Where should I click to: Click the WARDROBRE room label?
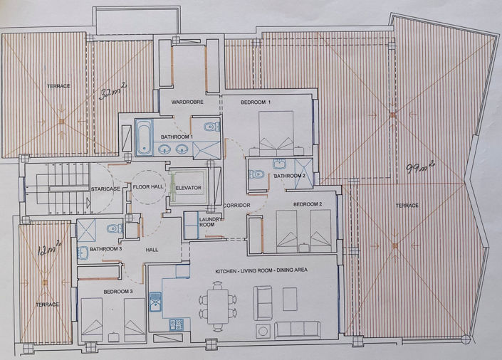pyautogui.click(x=188, y=102)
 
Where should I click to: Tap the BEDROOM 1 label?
pyautogui.click(x=256, y=102)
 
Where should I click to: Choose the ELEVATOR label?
pyautogui.click(x=188, y=188)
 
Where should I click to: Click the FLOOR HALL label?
pyautogui.click(x=148, y=187)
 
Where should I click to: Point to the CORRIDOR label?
pyautogui.click(x=236, y=205)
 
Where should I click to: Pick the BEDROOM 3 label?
pyautogui.click(x=118, y=292)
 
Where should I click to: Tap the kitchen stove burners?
pyautogui.click(x=176, y=324)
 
